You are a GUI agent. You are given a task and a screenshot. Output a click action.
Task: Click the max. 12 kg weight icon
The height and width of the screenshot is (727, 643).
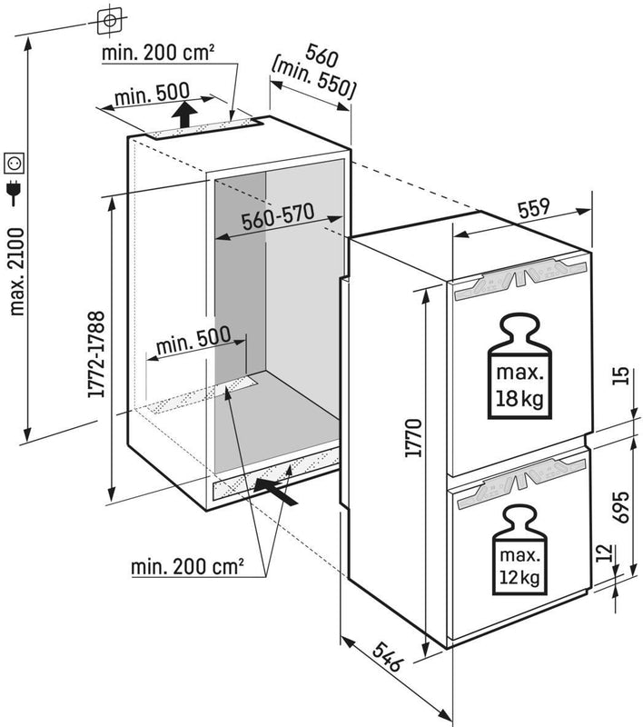tap(519, 548)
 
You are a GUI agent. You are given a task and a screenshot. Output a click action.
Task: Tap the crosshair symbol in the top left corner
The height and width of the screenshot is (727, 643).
tap(108, 19)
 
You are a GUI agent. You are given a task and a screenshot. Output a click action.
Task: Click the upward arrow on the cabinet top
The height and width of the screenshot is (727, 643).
tap(184, 115)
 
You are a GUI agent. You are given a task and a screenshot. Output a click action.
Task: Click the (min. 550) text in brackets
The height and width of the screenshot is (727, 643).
tap(313, 77)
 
